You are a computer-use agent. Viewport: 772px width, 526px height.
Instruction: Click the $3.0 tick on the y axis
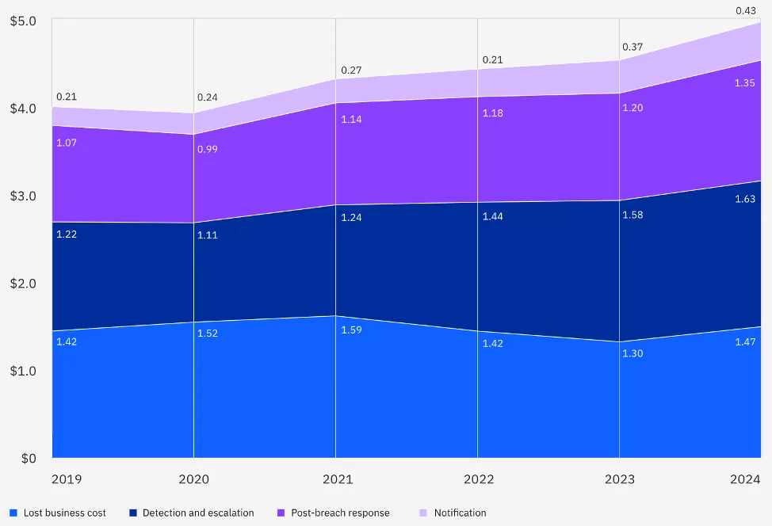[x=23, y=196]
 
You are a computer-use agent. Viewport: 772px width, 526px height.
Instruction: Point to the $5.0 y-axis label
[x=23, y=21]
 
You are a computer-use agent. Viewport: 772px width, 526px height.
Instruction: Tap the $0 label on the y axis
[x=29, y=459]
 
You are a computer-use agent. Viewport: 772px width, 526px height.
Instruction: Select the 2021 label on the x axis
[x=338, y=479]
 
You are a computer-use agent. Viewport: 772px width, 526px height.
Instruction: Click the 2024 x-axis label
[x=745, y=479]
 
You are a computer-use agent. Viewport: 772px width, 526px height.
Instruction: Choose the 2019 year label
[x=67, y=479]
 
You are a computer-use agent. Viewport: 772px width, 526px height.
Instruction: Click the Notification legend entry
[x=453, y=513]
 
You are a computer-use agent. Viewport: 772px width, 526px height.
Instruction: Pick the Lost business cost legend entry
[x=58, y=513]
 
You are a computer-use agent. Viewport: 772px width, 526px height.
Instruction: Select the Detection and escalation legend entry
[x=192, y=513]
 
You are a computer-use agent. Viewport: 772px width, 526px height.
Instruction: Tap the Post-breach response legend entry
[x=334, y=513]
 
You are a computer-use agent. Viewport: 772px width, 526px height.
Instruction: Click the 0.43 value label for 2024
[x=745, y=11]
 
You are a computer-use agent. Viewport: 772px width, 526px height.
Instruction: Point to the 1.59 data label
[x=352, y=330]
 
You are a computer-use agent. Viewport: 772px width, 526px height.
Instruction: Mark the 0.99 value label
[x=208, y=149]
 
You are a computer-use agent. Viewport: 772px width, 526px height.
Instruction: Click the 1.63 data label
[x=745, y=199]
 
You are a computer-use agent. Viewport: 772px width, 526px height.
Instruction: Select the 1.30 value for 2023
[x=633, y=353]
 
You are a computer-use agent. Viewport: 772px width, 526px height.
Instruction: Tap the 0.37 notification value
[x=633, y=47]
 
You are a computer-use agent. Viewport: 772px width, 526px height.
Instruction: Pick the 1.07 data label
[x=67, y=143]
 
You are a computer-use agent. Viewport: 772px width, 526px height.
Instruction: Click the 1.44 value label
[x=493, y=216]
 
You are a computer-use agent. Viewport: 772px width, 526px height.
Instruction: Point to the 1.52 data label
[x=208, y=334]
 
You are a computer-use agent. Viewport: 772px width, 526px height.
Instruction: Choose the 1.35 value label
[x=745, y=82]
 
